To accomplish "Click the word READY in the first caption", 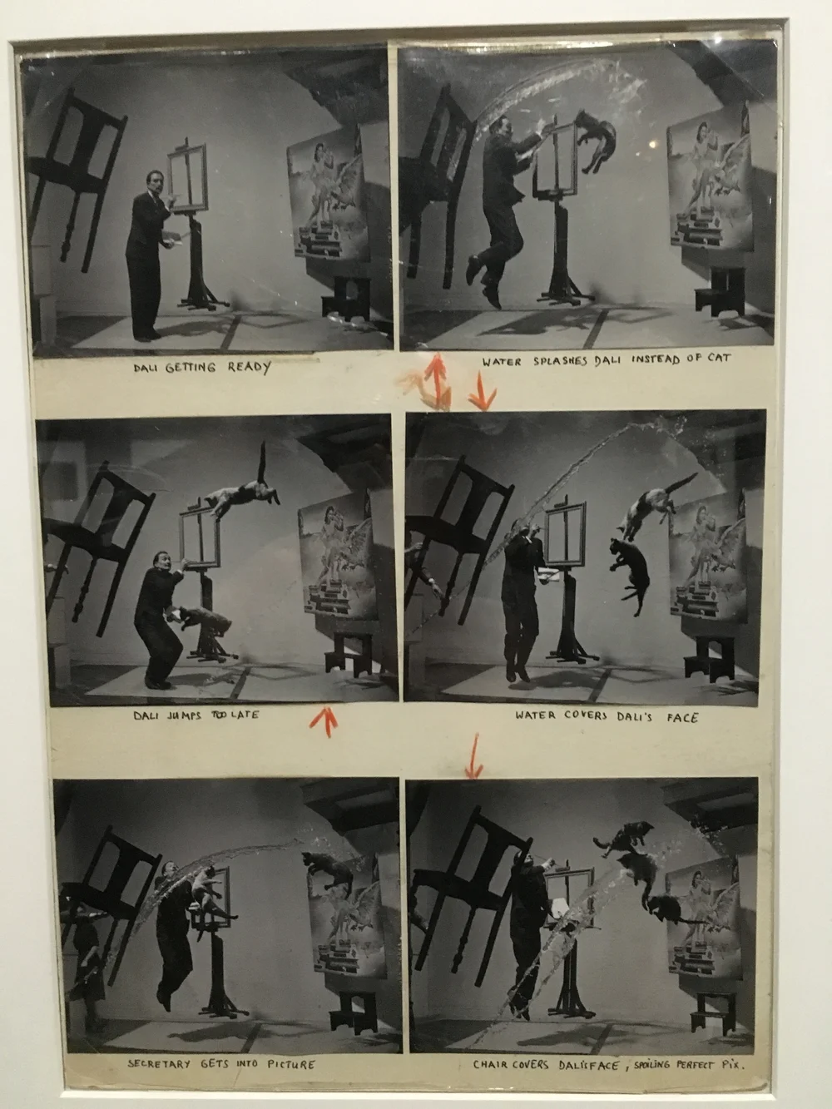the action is click(249, 367).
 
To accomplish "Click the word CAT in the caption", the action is click(718, 359).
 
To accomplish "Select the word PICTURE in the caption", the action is click(291, 1064).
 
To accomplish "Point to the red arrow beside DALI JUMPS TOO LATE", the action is click(324, 721).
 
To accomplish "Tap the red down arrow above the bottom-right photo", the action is click(474, 756).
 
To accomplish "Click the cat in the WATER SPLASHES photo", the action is click(597, 140).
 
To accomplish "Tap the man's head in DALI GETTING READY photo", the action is click(155, 181).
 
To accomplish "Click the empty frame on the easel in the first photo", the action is click(187, 178).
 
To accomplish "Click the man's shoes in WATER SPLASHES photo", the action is click(483, 281).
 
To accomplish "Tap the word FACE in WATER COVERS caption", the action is click(682, 718).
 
